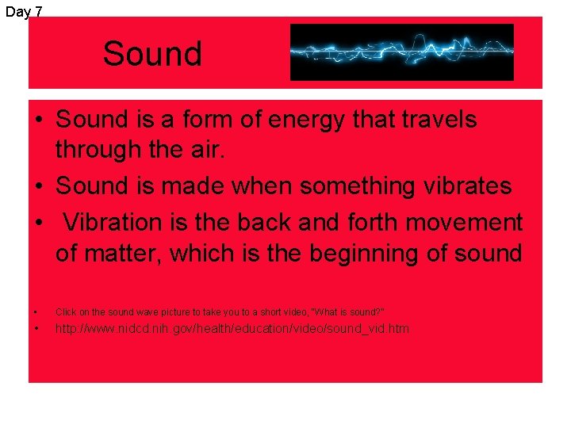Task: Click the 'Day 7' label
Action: coord(24,11)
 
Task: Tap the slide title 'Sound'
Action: coord(152,54)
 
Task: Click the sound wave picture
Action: coord(401,52)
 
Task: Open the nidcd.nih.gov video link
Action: coord(232,328)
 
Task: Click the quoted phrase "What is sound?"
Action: coord(349,312)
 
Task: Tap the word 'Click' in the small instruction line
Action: coord(66,312)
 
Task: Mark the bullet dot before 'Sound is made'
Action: coord(38,187)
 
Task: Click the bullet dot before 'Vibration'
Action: coord(38,223)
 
